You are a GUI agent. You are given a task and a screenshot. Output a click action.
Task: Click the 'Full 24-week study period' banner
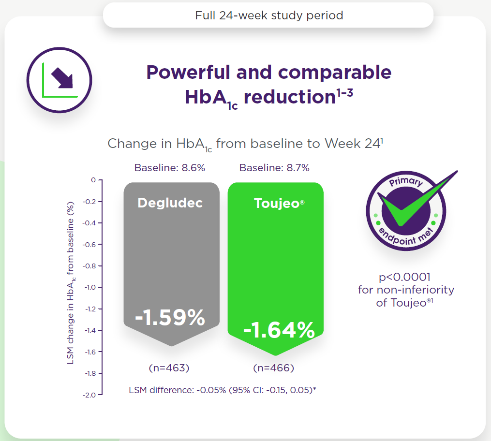[269, 15]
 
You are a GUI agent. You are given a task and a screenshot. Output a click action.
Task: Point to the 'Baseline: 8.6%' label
[170, 168]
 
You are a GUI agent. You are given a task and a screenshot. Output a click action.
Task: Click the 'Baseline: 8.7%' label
[274, 168]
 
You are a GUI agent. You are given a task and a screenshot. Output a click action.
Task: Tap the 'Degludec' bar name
[170, 203]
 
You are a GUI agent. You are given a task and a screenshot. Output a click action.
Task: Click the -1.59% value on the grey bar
[170, 318]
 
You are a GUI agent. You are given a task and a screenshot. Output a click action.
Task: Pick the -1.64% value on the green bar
[279, 331]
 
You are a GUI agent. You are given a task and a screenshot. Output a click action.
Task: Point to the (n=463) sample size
[169, 368]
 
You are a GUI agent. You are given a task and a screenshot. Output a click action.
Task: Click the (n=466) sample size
[274, 368]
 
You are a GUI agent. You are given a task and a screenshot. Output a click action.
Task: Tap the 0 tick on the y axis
[93, 180]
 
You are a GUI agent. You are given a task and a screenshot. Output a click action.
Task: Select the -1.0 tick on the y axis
[90, 287]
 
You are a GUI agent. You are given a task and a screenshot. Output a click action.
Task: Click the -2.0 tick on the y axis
[90, 395]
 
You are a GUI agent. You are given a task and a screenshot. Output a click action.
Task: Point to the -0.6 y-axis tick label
[90, 244]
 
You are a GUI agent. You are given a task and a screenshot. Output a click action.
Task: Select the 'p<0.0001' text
[405, 278]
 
